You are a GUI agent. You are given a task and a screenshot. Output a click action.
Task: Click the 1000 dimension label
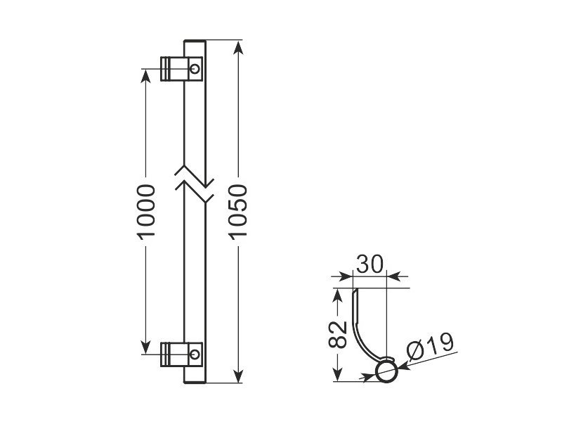pos(146,212)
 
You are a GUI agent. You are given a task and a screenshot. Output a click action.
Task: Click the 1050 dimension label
pos(238,212)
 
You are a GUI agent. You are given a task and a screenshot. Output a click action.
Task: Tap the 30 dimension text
pos(370,264)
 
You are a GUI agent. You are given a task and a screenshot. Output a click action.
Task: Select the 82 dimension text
pos(338,335)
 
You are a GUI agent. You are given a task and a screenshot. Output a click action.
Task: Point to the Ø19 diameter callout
pos(430,346)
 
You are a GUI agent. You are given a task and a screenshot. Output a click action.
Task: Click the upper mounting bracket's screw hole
pos(195,68)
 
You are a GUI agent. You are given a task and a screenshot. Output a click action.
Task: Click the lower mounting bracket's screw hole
pos(195,354)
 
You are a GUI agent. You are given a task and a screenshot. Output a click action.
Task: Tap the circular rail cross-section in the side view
pos(386,372)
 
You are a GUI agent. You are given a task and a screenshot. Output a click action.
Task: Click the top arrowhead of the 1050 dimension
pos(238,47)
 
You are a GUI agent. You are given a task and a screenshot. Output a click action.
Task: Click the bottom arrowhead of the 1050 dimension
pos(238,376)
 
